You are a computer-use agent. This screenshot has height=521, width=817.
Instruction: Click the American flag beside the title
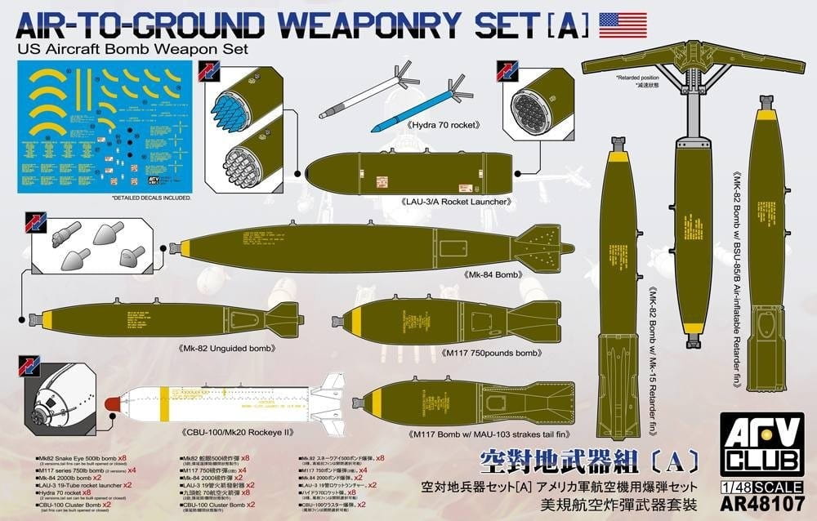[623, 25]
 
